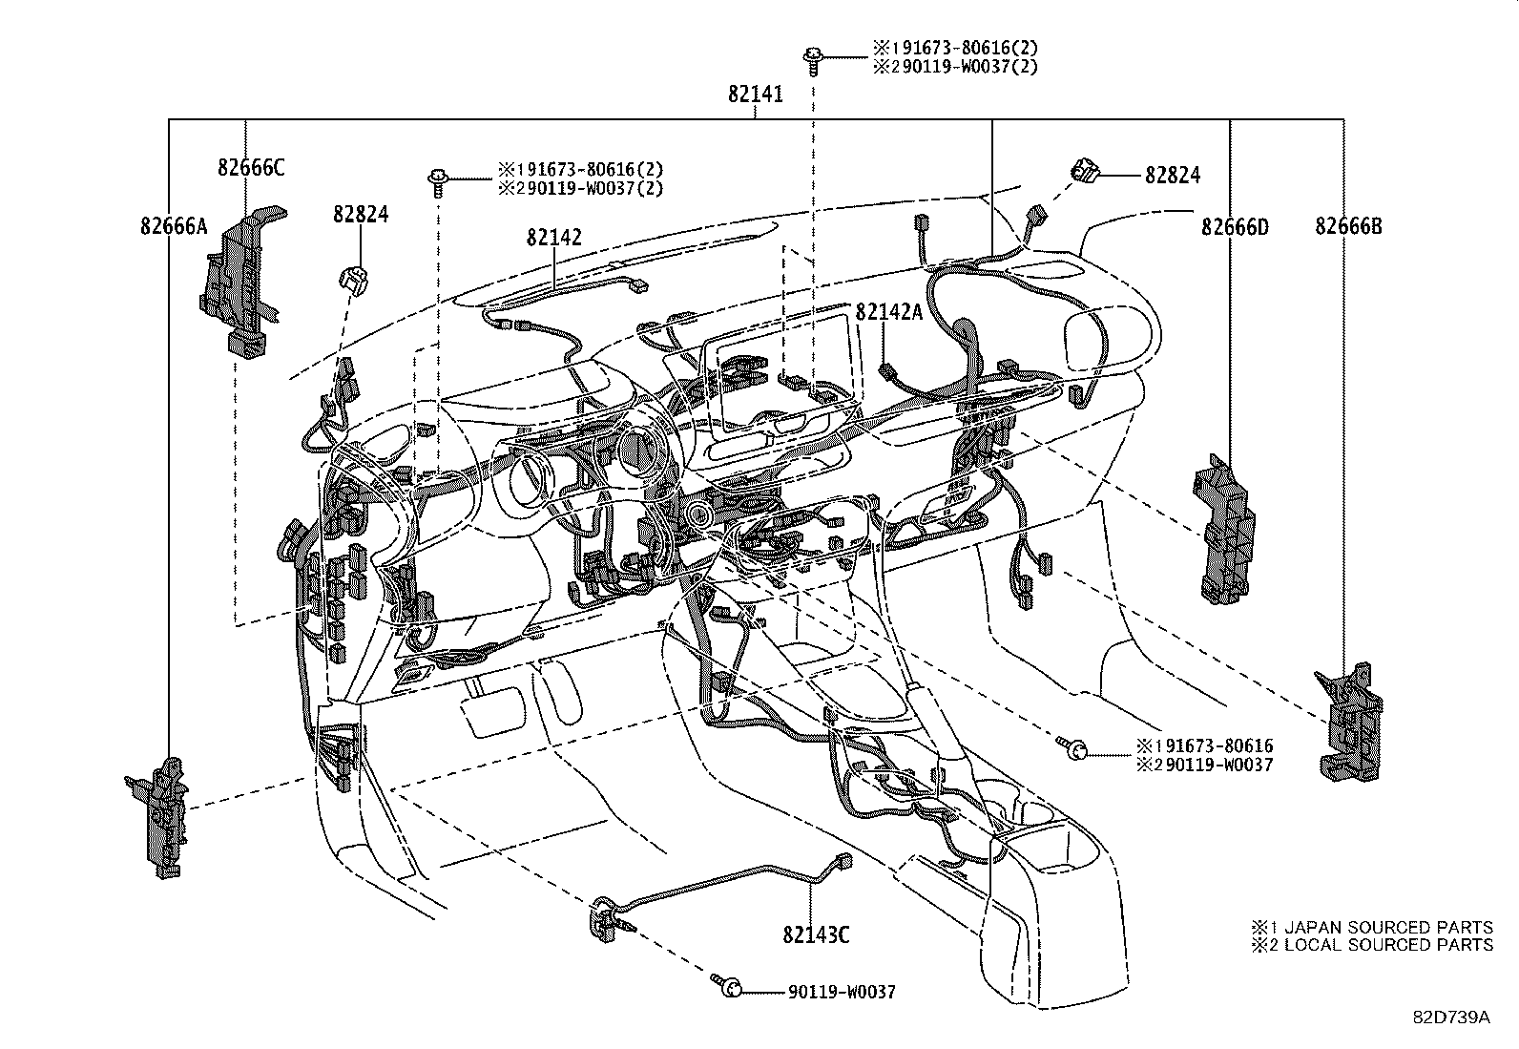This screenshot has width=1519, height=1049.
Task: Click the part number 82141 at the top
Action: point(755,94)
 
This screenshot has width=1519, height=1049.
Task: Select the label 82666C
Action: point(251,167)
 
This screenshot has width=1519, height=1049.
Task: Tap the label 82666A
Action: point(173,226)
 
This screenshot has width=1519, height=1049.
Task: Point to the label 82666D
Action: point(1235,226)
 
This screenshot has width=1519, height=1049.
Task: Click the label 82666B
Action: point(1348,226)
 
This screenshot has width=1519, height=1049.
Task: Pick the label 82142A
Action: point(888,312)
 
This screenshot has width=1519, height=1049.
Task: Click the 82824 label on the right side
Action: point(1173,175)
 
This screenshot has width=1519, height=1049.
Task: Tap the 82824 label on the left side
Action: point(361,214)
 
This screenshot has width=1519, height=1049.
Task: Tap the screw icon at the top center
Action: point(814,56)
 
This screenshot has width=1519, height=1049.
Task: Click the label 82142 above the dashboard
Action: point(553,238)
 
